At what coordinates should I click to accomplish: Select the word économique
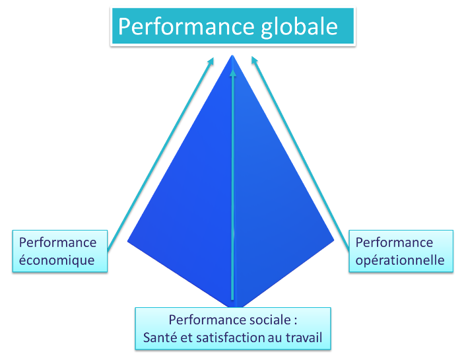[x=57, y=260]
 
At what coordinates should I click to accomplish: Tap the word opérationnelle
[x=400, y=260]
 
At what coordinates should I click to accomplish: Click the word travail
[x=304, y=339]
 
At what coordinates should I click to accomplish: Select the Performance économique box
[x=58, y=251]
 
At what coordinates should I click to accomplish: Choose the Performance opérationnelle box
[x=400, y=251]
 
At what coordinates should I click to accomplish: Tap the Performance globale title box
[x=232, y=26]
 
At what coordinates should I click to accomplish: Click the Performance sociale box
[x=232, y=329]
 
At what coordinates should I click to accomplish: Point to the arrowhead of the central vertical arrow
[x=232, y=71]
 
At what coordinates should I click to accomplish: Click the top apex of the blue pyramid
[x=232, y=55]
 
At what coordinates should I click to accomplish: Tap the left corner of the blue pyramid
[x=128, y=242]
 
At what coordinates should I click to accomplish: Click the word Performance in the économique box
[x=57, y=242]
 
